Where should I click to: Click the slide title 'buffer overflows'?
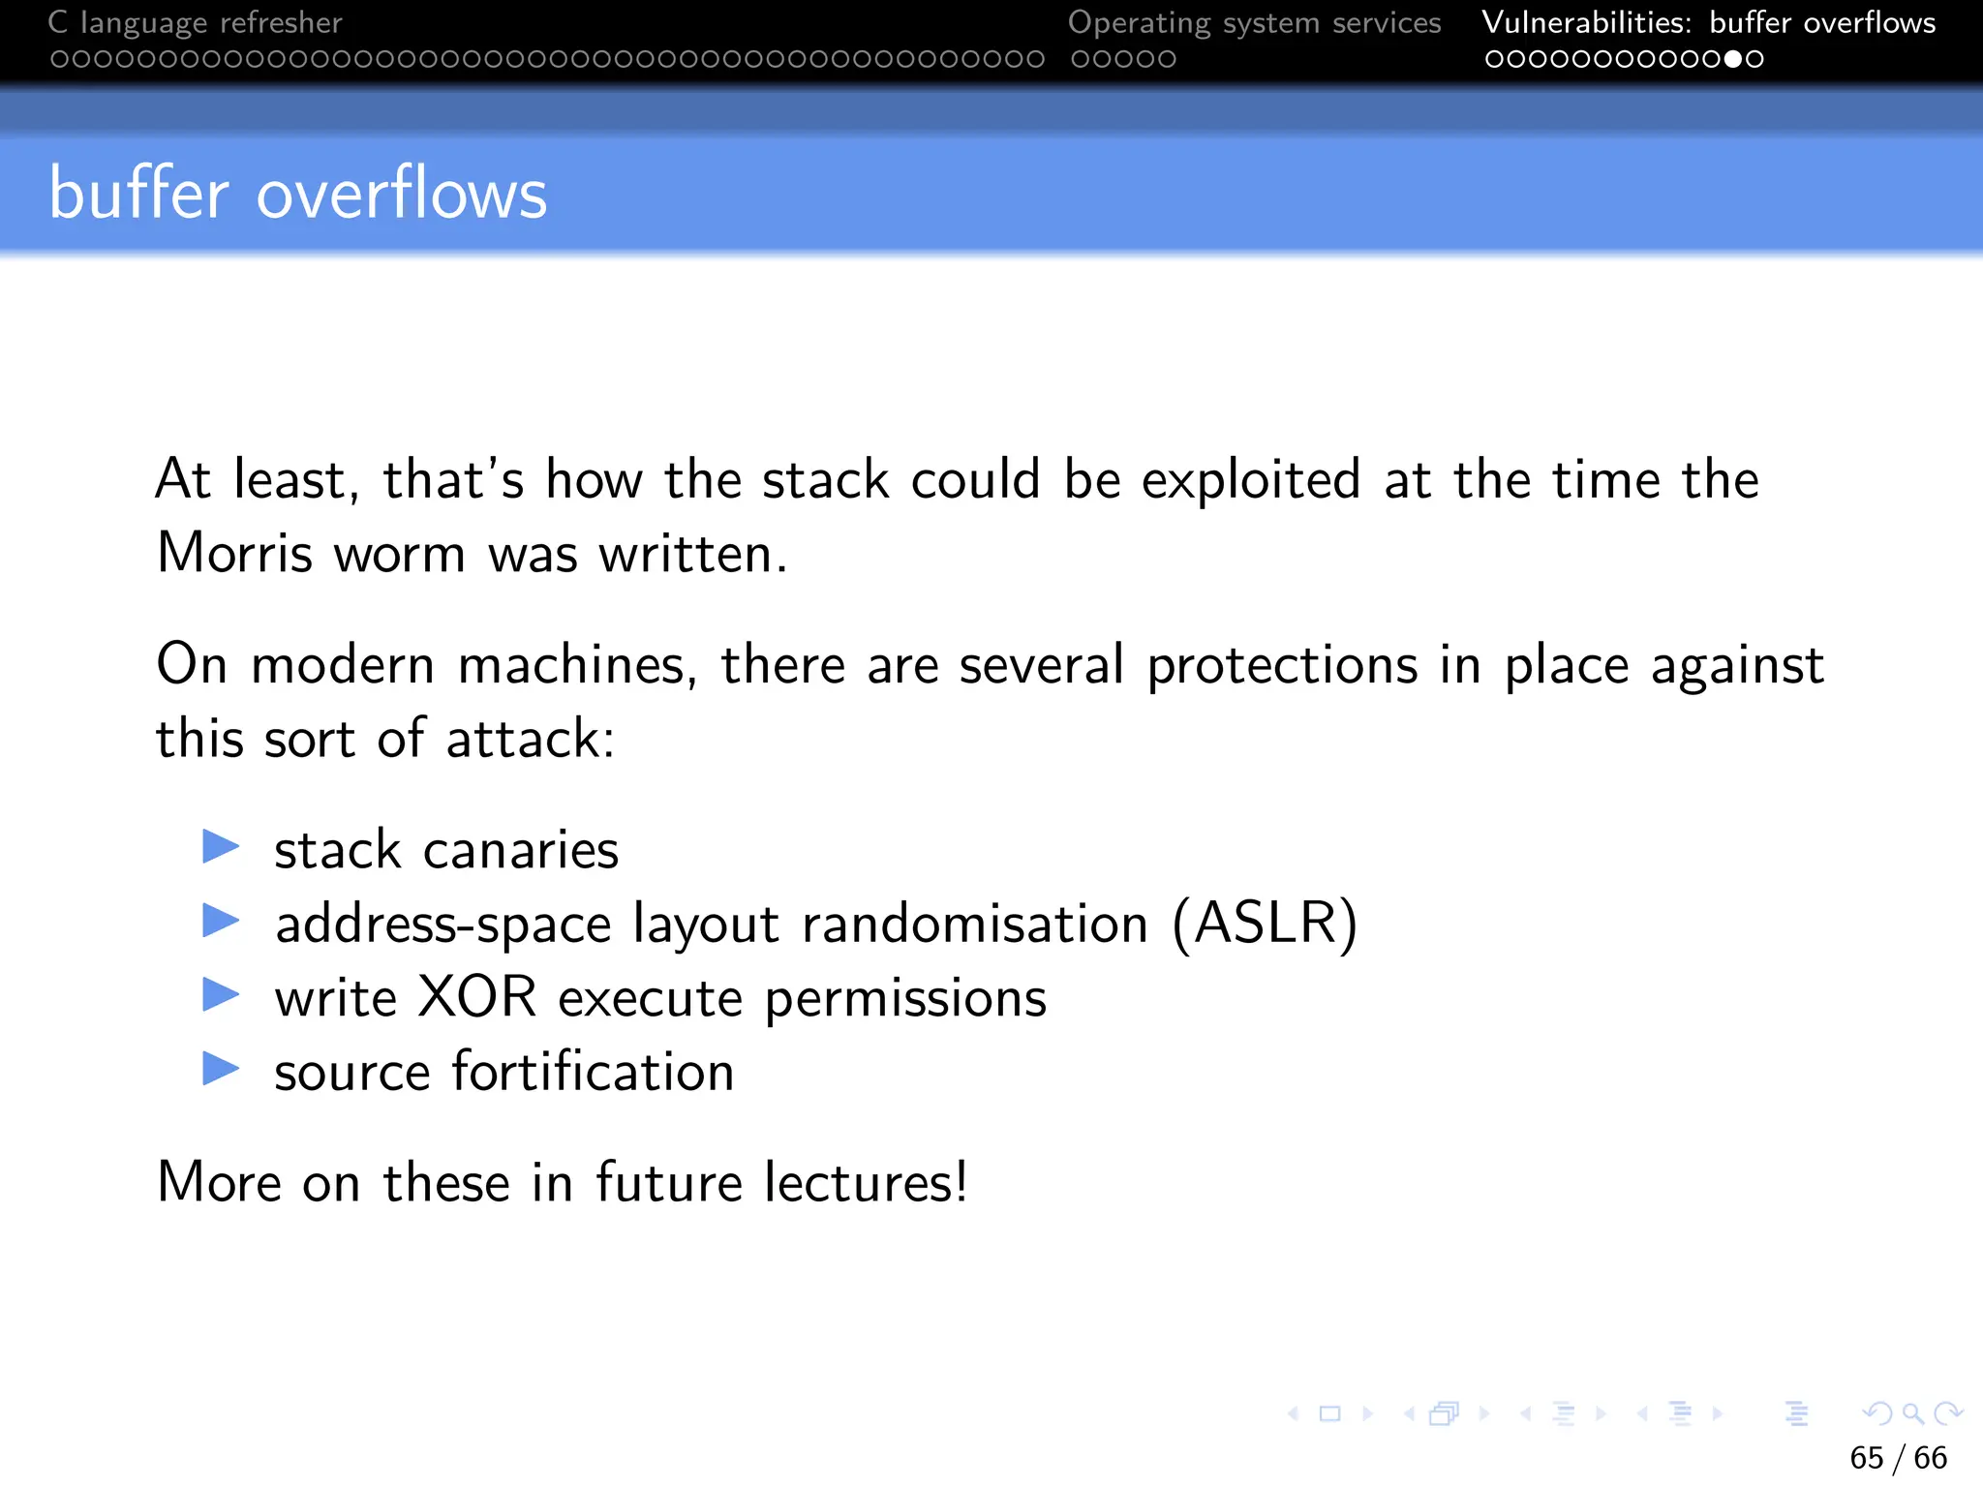297,194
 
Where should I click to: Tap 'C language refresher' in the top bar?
195,22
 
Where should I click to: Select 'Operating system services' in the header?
1254,22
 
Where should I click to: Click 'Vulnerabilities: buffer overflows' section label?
1708,22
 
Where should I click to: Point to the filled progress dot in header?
1733,59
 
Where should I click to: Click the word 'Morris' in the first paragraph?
235,554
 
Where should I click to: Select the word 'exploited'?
1251,480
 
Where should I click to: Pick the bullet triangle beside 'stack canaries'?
221,847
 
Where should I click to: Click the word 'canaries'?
521,851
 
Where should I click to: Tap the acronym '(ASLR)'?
1265,924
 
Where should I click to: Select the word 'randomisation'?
975,924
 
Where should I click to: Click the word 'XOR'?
477,997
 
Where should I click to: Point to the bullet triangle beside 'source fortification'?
221,1069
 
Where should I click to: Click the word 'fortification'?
593,1072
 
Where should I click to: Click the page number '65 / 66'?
1898,1457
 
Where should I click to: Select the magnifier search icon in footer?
1912,1414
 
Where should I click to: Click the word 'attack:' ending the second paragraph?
531,740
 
